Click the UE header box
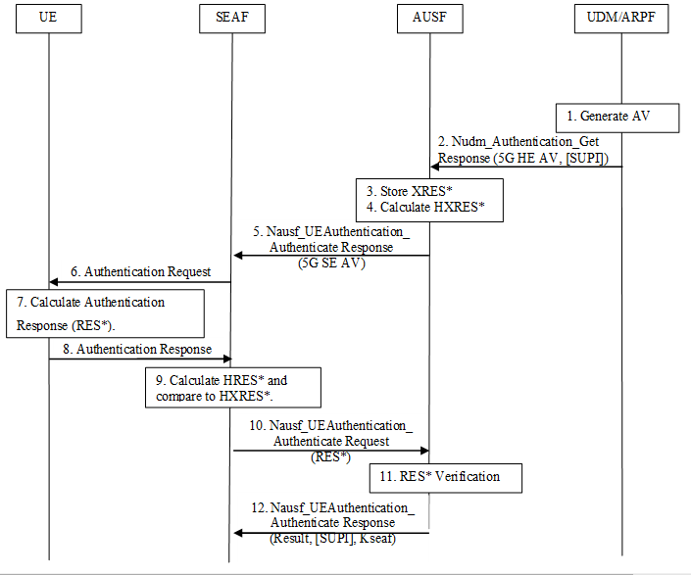click(48, 20)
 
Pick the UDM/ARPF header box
click(622, 20)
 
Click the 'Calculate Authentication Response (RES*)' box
click(105, 312)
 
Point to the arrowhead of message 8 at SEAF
click(226, 359)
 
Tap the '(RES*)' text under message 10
click(330, 456)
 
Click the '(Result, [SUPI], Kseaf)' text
click(332, 538)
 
